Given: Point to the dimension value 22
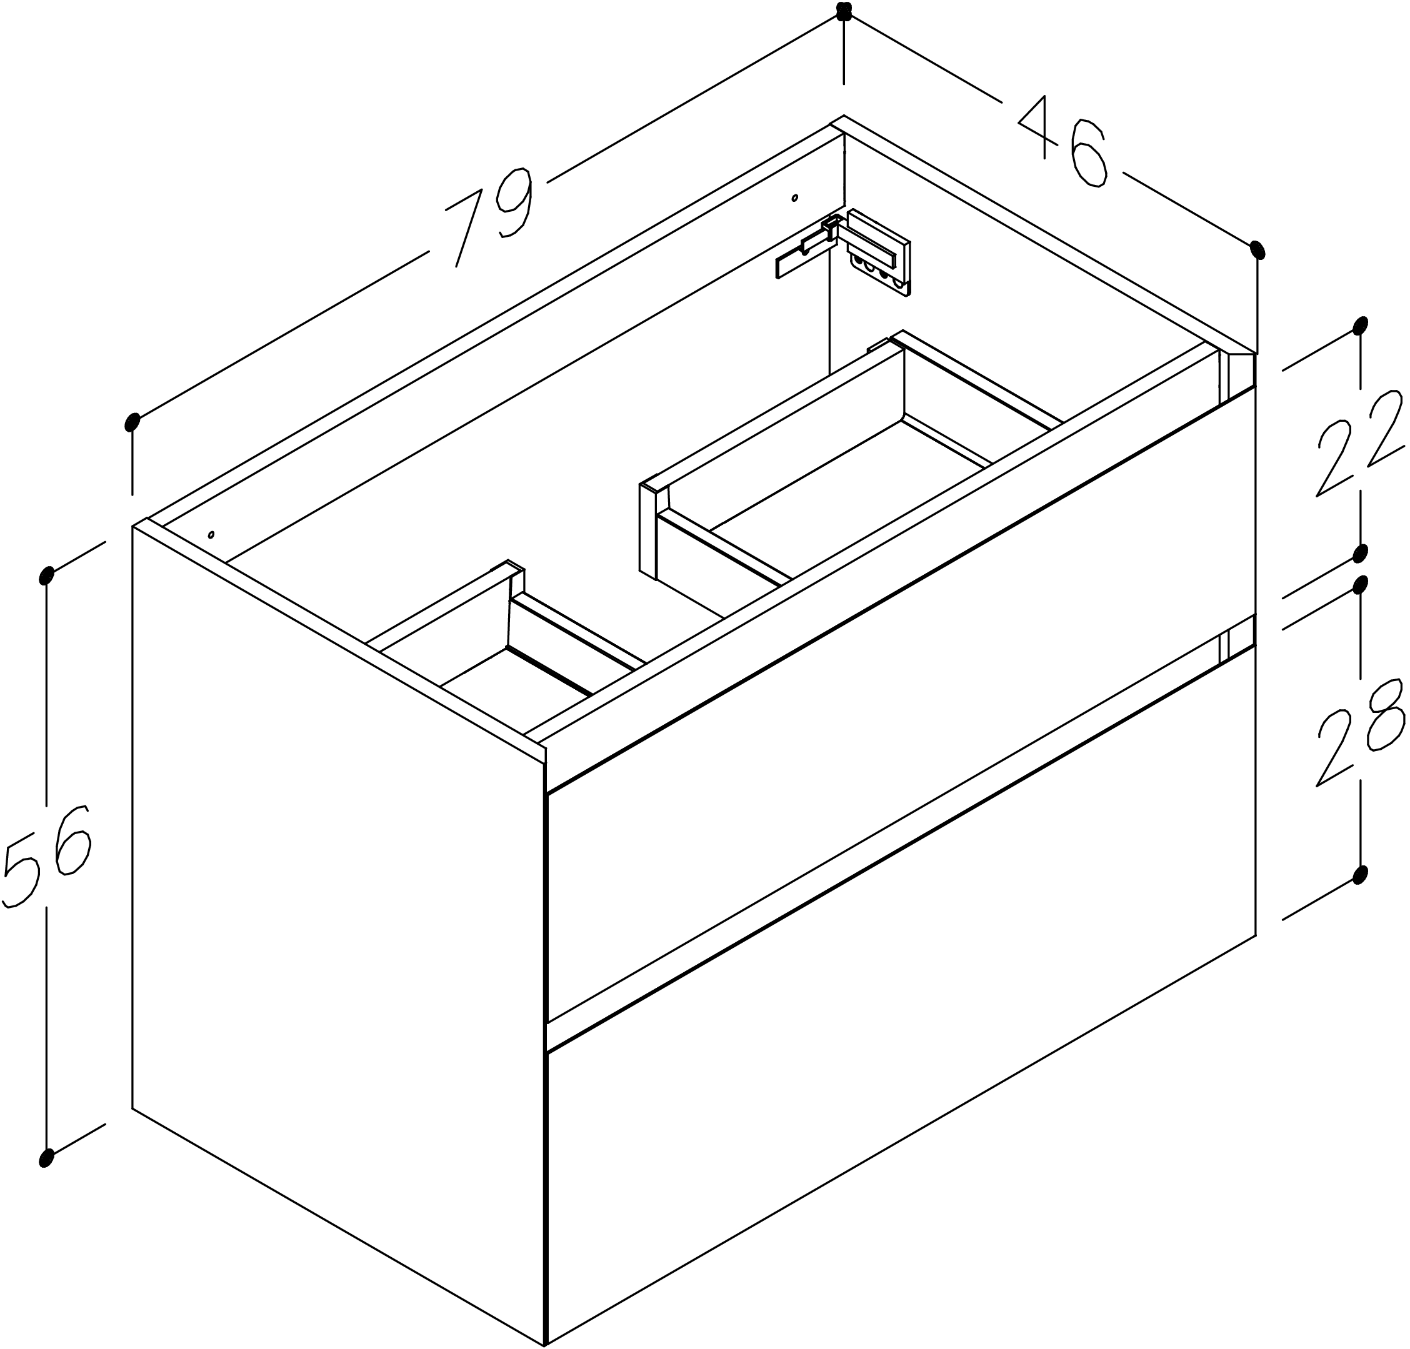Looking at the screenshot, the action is (1359, 444).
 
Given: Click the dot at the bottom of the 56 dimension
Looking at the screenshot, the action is (47, 1157).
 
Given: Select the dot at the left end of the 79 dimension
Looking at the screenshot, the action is (132, 422).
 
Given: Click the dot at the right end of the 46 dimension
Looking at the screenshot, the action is (1257, 249).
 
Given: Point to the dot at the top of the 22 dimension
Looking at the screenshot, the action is (1359, 326).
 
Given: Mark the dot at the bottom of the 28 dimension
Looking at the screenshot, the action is (1359, 875).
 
